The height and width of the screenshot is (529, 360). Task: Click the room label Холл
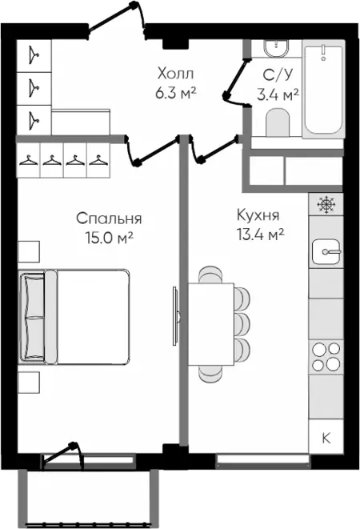pyautogui.click(x=175, y=74)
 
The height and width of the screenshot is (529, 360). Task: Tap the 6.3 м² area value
pyautogui.click(x=176, y=93)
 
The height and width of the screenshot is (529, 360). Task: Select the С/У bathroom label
pyautogui.click(x=278, y=75)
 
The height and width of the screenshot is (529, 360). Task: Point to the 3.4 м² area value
pyautogui.click(x=278, y=94)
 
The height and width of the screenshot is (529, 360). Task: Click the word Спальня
pyautogui.click(x=109, y=218)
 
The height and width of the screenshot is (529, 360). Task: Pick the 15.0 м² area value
pyautogui.click(x=110, y=238)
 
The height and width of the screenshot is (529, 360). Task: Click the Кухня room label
pyautogui.click(x=258, y=215)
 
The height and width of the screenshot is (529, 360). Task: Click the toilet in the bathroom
pyautogui.click(x=278, y=122)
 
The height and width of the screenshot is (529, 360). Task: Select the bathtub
pyautogui.click(x=324, y=90)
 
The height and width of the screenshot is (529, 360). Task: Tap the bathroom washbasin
pyautogui.click(x=276, y=48)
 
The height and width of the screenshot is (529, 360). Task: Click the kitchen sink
pyautogui.click(x=326, y=251)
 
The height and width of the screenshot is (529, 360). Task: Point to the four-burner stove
pyautogui.click(x=326, y=357)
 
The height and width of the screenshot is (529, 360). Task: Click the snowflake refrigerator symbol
pyautogui.click(x=326, y=204)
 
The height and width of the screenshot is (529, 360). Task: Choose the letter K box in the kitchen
pyautogui.click(x=326, y=439)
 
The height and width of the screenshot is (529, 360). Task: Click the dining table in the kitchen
pyautogui.click(x=211, y=324)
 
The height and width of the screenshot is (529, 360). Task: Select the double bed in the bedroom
pyautogui.click(x=74, y=316)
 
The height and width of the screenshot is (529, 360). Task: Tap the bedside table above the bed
pyautogui.click(x=29, y=251)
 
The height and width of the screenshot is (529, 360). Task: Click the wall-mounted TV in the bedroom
pyautogui.click(x=175, y=316)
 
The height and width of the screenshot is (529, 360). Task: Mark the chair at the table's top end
pyautogui.click(x=211, y=275)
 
